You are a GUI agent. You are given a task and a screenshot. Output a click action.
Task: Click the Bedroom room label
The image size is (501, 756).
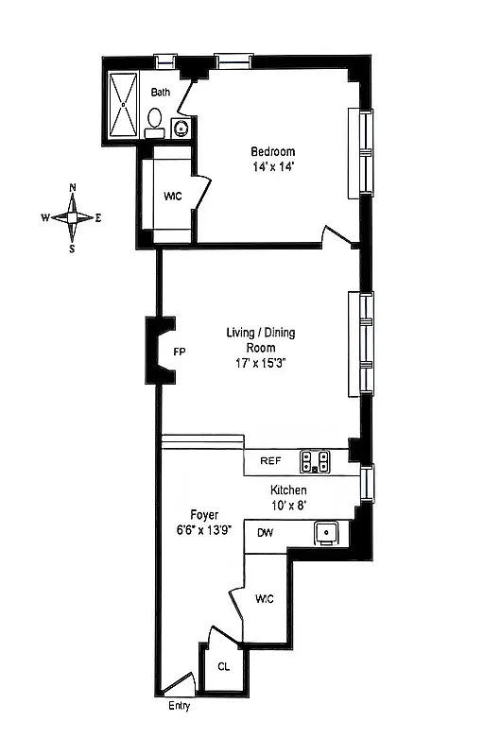tap(272, 151)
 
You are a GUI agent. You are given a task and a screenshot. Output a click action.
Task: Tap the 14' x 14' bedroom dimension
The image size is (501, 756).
tap(272, 167)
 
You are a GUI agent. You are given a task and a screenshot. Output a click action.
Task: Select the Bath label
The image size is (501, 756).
tap(161, 92)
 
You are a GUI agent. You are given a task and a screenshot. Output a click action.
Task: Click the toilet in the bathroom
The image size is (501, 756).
tap(155, 119)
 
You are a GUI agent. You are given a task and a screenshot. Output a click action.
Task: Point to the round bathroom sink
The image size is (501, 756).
tap(181, 129)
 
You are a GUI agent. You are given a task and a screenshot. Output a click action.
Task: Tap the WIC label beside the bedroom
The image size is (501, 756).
tap(172, 197)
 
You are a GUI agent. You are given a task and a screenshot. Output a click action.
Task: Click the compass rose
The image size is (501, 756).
tap(72, 217)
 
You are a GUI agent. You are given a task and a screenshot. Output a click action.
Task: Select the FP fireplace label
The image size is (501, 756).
tap(179, 352)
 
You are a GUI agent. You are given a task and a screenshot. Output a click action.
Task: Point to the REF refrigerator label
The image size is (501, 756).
tap(270, 462)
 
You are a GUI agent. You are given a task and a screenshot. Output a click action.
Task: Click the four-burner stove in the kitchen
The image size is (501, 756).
tap(315, 462)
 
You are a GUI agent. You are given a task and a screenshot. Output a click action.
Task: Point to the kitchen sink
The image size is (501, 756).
tap(327, 533)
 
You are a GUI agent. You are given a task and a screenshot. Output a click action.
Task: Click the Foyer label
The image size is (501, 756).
tap(203, 515)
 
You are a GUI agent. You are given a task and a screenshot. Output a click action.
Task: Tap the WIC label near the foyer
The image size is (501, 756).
tap(265, 597)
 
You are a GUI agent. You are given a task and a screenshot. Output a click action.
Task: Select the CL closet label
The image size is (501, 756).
tap(223, 665)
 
